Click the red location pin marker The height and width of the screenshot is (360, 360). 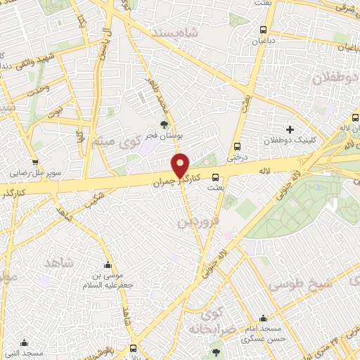click(x=181, y=165)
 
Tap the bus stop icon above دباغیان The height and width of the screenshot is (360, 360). click(x=263, y=30)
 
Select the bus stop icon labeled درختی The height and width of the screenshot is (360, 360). click(x=238, y=147)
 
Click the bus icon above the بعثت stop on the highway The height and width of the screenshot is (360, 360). click(x=215, y=177)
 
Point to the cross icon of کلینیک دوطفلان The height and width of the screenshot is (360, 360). click(x=290, y=129)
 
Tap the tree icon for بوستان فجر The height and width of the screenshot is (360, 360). click(x=165, y=126)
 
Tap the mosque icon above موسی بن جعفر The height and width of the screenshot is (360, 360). click(x=108, y=265)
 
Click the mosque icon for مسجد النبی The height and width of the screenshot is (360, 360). click(x=25, y=344)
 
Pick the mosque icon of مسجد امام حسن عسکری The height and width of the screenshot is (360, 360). click(x=264, y=319)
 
